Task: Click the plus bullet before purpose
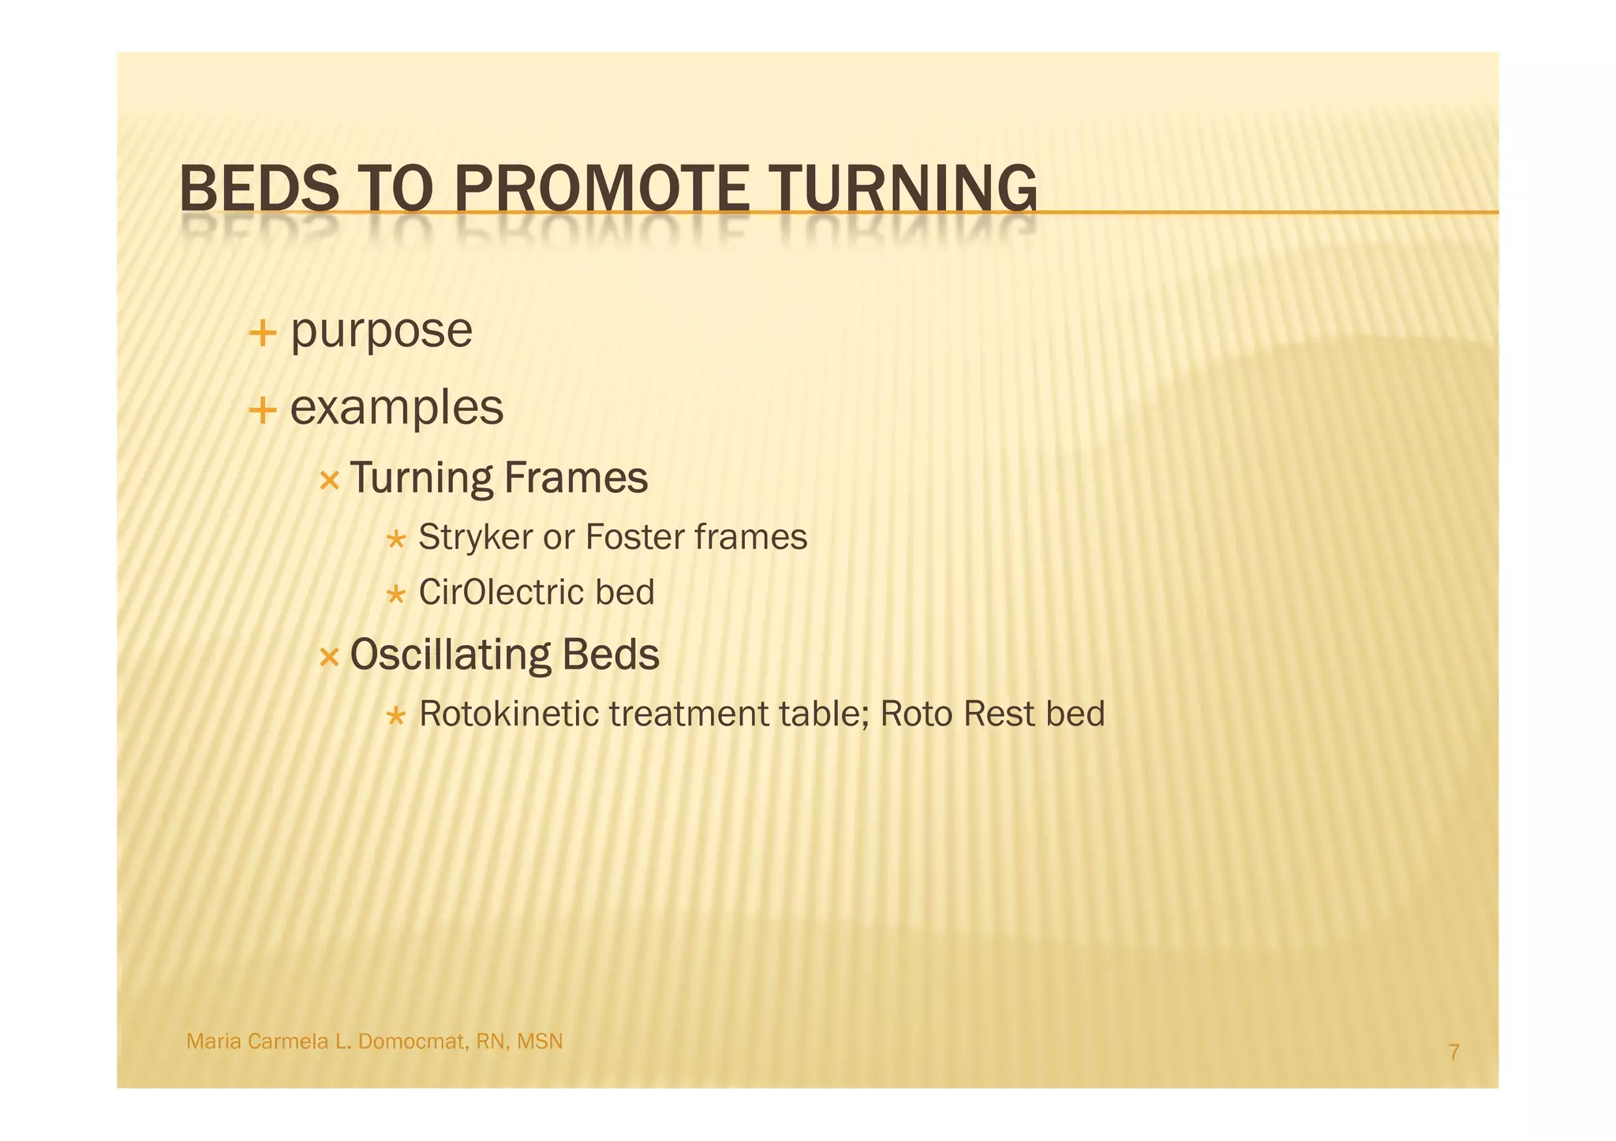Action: pyautogui.click(x=262, y=334)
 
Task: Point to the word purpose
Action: pyautogui.click(x=381, y=331)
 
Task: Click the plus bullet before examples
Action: pyautogui.click(x=262, y=410)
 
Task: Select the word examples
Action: pyautogui.click(x=396, y=408)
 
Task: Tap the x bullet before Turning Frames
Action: pyautogui.click(x=329, y=479)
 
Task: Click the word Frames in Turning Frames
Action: pyautogui.click(x=575, y=478)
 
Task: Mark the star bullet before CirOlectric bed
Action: pyautogui.click(x=395, y=595)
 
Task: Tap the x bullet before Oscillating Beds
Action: pyautogui.click(x=329, y=656)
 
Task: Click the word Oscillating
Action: pyautogui.click(x=450, y=654)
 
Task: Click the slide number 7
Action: pyautogui.click(x=1453, y=1052)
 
